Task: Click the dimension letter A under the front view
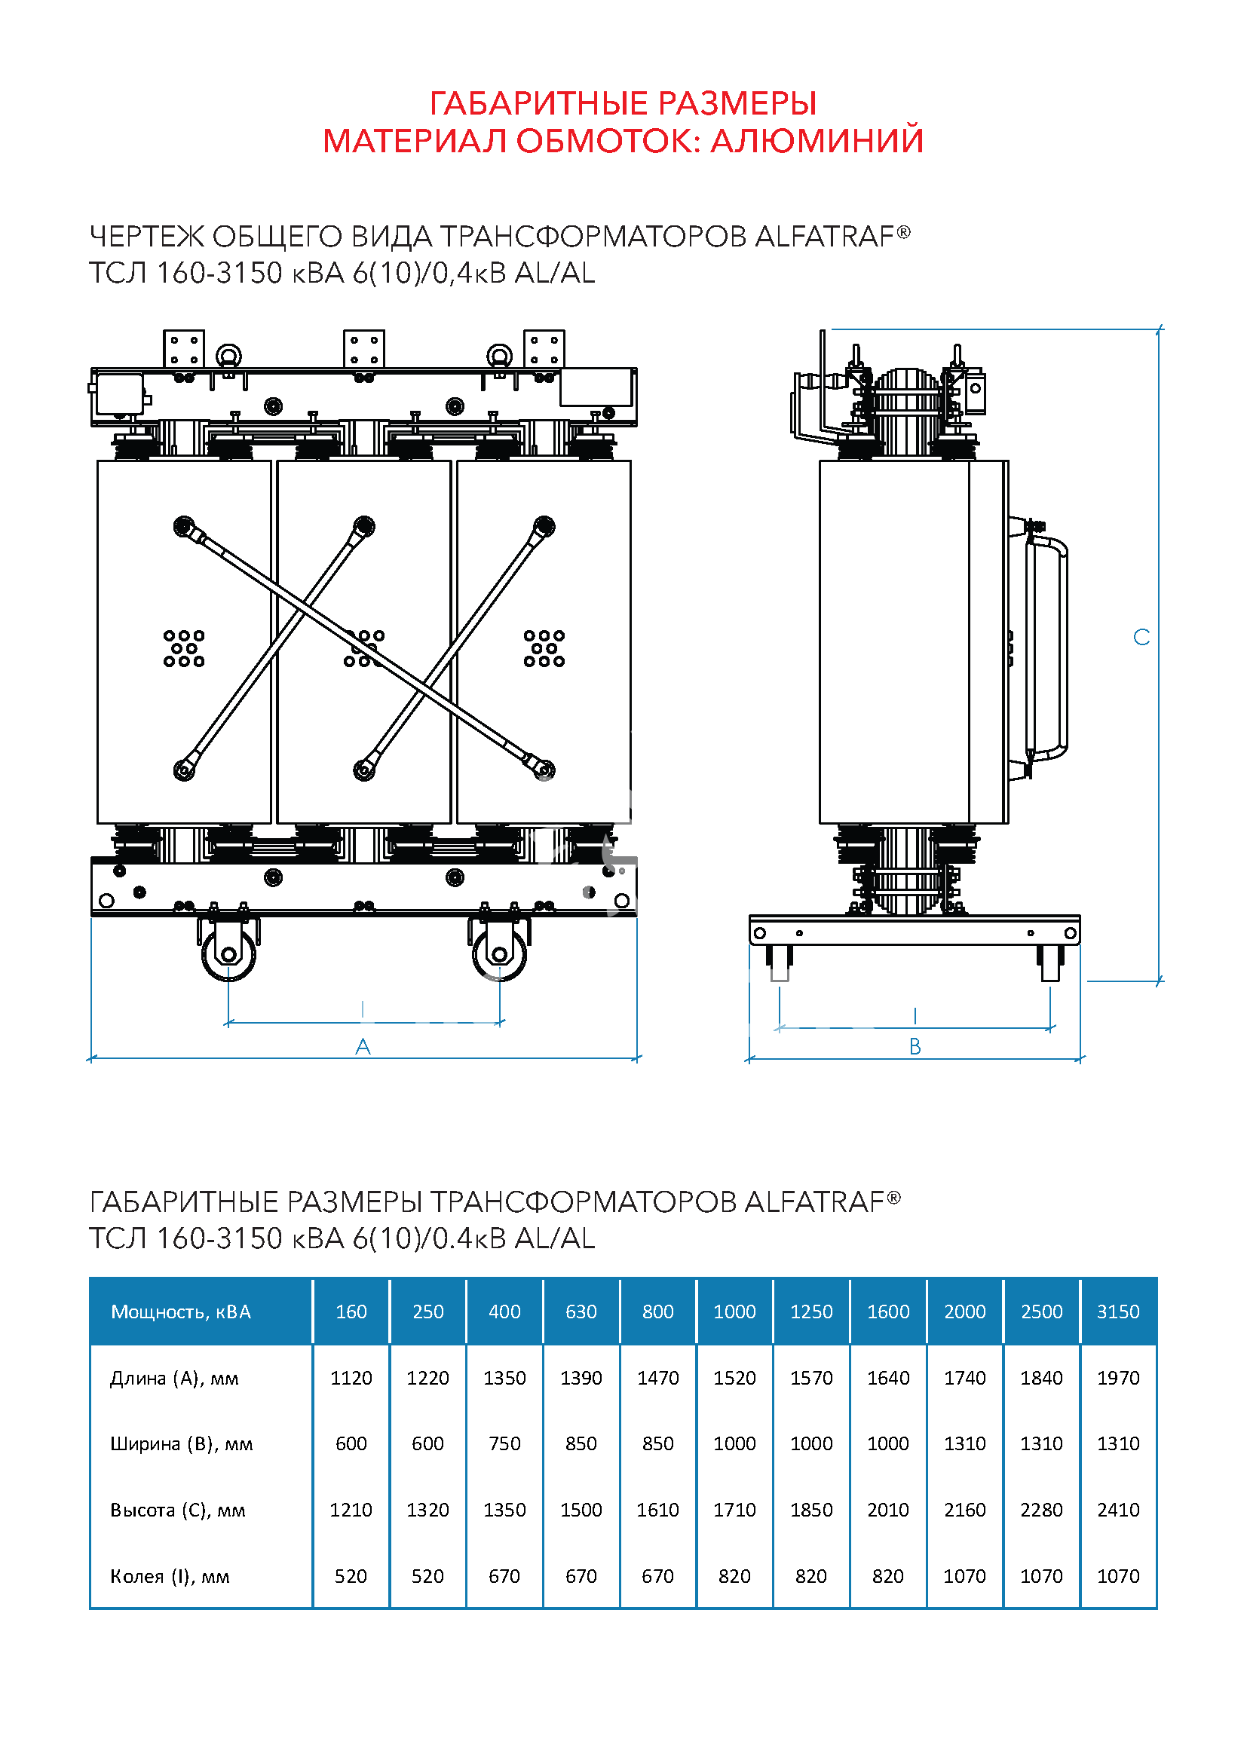[x=363, y=1047]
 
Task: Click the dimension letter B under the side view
[x=915, y=1047]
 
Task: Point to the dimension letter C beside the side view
[x=1141, y=638]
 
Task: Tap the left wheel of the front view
[x=228, y=954]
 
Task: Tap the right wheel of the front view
[x=499, y=954]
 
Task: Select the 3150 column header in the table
[x=1118, y=1312]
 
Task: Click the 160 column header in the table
[x=351, y=1312]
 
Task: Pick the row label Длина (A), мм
[x=174, y=1379]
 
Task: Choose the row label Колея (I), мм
[x=170, y=1576]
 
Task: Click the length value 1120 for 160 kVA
[x=351, y=1379]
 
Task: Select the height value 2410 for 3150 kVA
[x=1118, y=1510]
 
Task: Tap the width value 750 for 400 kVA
[x=504, y=1444]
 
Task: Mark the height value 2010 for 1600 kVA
[x=887, y=1510]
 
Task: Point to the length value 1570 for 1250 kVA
[x=811, y=1379]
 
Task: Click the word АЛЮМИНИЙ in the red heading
[x=817, y=140]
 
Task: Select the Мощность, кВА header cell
[x=181, y=1312]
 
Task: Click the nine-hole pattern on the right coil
[x=544, y=648]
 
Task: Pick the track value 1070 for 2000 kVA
[x=964, y=1576]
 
